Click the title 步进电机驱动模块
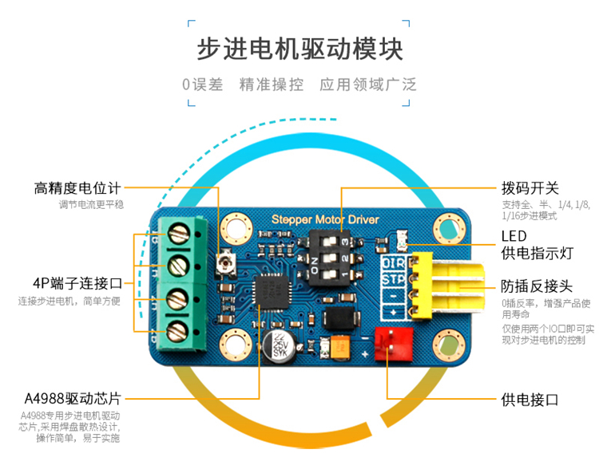tap(299, 49)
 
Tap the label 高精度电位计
tap(77, 188)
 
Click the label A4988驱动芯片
tap(73, 397)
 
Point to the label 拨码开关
tap(529, 188)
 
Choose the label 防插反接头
tap(537, 286)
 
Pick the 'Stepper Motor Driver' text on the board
tap(325, 219)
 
